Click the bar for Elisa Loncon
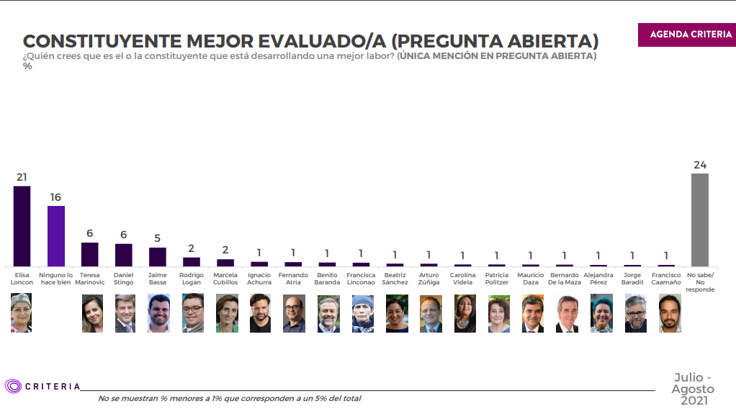point(22,226)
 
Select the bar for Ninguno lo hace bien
point(56,236)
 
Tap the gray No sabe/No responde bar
point(699,220)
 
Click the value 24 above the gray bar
point(699,165)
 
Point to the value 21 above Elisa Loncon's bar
point(22,177)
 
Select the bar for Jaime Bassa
point(158,257)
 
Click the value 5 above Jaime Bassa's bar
point(158,238)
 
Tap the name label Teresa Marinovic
point(90,279)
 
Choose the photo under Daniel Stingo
point(124,313)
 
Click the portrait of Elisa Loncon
point(22,313)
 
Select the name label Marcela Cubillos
point(226,279)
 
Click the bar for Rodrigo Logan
point(192,261)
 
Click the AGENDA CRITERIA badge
point(686,35)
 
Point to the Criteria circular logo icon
point(13,387)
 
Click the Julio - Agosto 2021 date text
point(692,389)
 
